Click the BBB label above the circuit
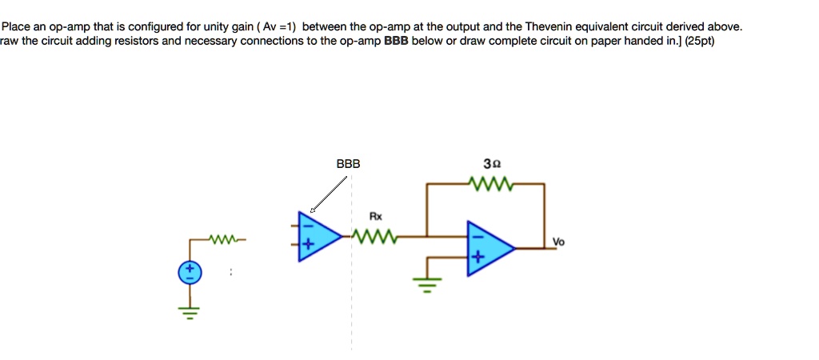(x=348, y=164)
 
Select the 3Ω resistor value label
(x=492, y=164)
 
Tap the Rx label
(x=375, y=216)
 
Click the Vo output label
(x=557, y=241)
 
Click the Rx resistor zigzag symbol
(x=374, y=236)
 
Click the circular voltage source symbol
(x=190, y=274)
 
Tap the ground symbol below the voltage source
(x=190, y=313)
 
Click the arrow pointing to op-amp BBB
(x=330, y=194)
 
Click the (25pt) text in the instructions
(x=701, y=41)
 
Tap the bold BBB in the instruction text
(x=397, y=41)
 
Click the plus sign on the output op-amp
(x=477, y=258)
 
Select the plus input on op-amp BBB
(x=305, y=246)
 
